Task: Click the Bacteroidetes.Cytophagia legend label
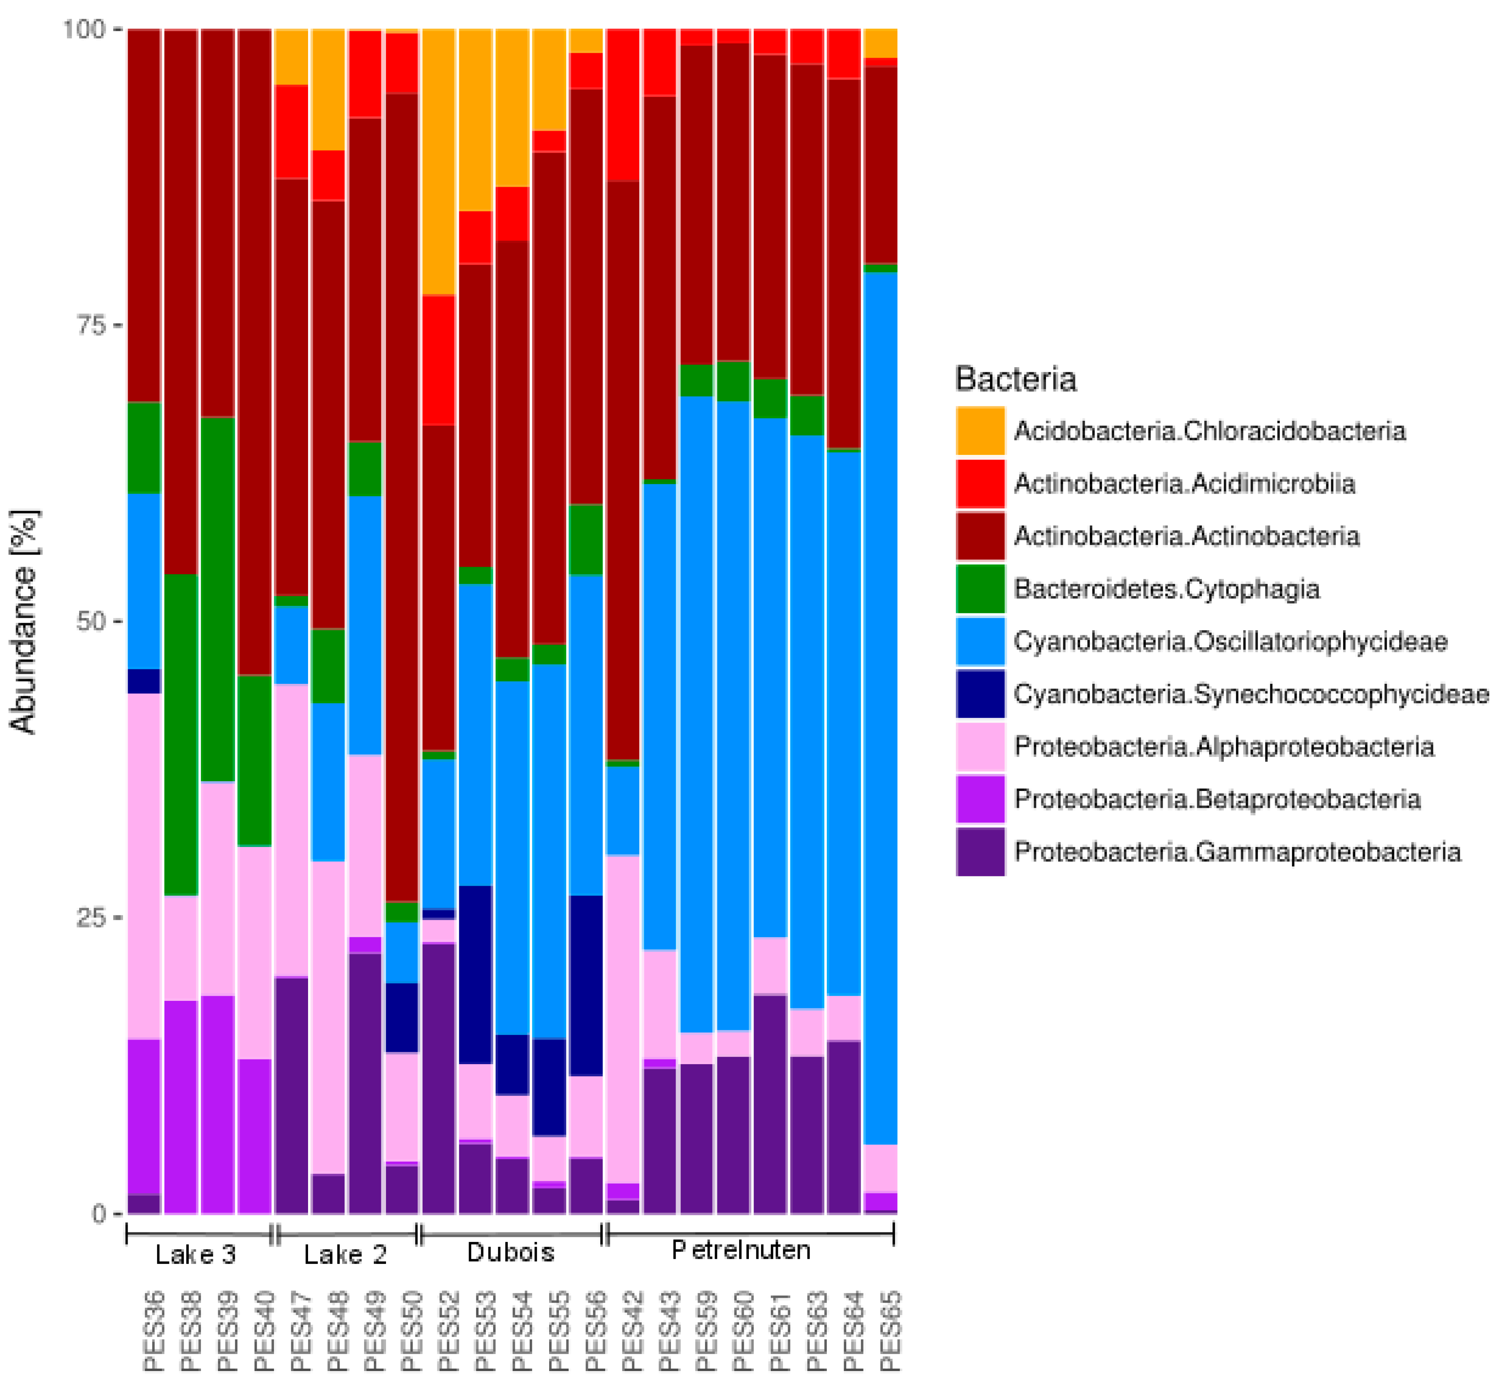pyautogui.click(x=1166, y=589)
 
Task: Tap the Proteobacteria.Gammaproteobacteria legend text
pyautogui.click(x=1236, y=852)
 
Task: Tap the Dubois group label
pyautogui.click(x=511, y=1253)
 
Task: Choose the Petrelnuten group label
pyautogui.click(x=740, y=1250)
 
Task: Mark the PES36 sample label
pyautogui.click(x=153, y=1331)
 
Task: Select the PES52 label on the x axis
pyautogui.click(x=447, y=1331)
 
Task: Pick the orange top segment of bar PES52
pyautogui.click(x=439, y=161)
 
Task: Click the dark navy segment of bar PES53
pyautogui.click(x=475, y=974)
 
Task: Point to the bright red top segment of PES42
pyautogui.click(x=623, y=105)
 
